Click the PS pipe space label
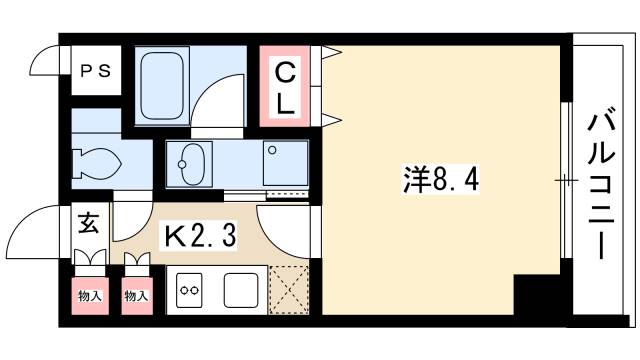coord(96,71)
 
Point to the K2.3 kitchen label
coord(199,236)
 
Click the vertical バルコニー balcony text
coord(601,184)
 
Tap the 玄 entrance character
coord(89,224)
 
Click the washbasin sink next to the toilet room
coord(189,162)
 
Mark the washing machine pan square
coord(285,163)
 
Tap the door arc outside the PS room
coord(45,70)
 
